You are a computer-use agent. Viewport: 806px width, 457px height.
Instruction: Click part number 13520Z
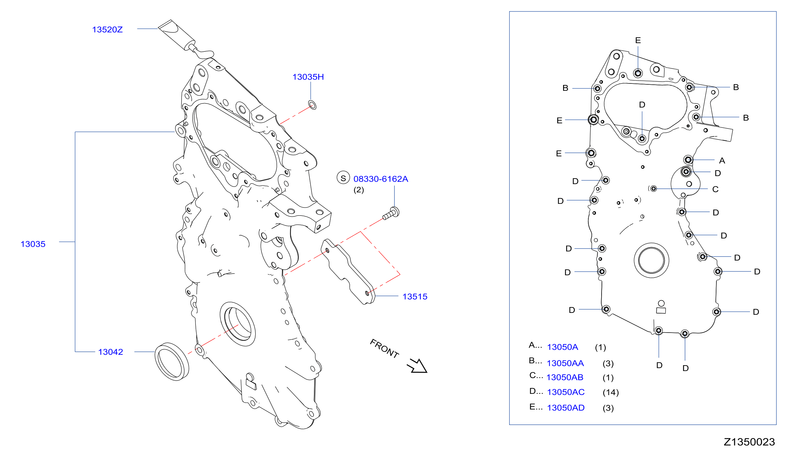pos(107,30)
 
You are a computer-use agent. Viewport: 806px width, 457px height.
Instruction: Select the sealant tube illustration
pos(185,39)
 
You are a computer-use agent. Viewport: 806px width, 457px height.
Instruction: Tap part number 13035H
pos(308,77)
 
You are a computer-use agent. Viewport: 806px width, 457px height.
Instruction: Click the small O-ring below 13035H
pos(312,105)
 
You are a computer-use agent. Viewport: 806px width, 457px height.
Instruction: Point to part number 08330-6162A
pos(381,179)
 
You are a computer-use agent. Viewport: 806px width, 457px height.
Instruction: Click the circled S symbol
pos(343,178)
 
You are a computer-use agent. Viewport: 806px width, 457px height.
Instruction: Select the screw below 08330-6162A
pos(391,214)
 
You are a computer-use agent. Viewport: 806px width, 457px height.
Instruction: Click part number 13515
pos(415,297)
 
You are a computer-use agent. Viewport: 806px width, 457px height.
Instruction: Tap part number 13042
pos(111,352)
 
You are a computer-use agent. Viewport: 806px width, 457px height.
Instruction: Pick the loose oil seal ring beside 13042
pos(172,362)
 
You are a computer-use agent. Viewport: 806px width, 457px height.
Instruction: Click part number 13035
pos(33,244)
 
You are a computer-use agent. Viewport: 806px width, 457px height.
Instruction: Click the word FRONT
pos(384,348)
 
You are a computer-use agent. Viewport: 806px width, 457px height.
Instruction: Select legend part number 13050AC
pos(566,392)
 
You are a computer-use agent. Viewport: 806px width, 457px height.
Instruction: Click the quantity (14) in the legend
pos(611,392)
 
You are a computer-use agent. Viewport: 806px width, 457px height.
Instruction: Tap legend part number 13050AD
pos(566,408)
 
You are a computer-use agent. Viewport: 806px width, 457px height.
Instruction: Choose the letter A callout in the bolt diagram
pos(722,161)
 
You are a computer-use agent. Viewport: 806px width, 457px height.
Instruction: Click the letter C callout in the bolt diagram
pos(715,189)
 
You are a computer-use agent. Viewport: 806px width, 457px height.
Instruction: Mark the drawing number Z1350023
pos(749,442)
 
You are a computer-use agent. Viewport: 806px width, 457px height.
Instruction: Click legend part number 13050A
pos(562,347)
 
